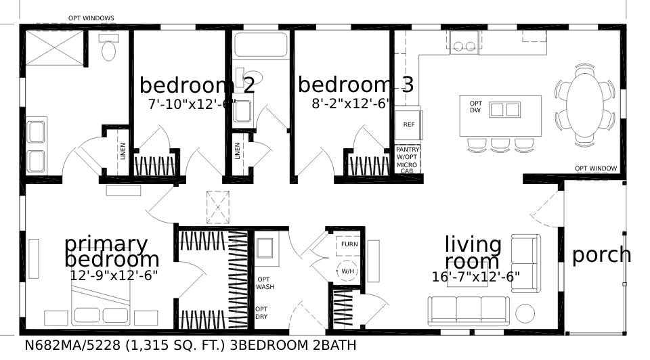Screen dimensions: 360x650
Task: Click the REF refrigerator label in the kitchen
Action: pyautogui.click(x=408, y=125)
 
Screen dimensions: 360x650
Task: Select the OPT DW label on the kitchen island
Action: pyautogui.click(x=475, y=107)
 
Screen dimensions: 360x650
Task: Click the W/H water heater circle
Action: pyautogui.click(x=348, y=271)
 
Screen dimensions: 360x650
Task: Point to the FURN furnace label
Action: pyautogui.click(x=349, y=244)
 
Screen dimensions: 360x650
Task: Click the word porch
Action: pyautogui.click(x=601, y=256)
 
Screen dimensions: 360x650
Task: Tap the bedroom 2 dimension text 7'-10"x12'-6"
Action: pyautogui.click(x=190, y=104)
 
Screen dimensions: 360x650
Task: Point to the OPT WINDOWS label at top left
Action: pyautogui.click(x=91, y=18)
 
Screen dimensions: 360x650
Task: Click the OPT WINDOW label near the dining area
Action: pyautogui.click(x=596, y=168)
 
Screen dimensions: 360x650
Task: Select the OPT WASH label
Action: pyautogui.click(x=265, y=283)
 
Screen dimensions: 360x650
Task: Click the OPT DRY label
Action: pyautogui.click(x=261, y=313)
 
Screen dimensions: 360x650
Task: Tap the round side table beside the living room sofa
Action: pyautogui.click(x=525, y=313)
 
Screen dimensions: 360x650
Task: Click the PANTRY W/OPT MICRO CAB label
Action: pyautogui.click(x=408, y=160)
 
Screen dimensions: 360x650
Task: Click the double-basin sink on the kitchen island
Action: pyautogui.click(x=504, y=110)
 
